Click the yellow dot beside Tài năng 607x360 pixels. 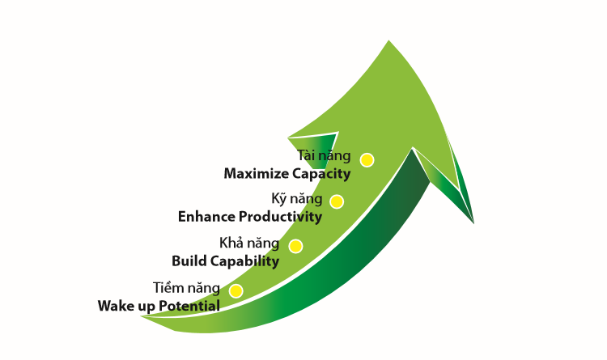(x=367, y=160)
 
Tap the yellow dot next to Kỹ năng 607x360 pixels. (x=337, y=201)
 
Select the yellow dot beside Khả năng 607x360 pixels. (x=295, y=246)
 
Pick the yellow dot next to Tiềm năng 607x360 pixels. (x=236, y=291)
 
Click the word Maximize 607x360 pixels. (x=257, y=173)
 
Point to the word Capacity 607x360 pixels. (x=321, y=174)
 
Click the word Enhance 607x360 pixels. (x=206, y=217)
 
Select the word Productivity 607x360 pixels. (x=280, y=217)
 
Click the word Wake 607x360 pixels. (x=114, y=306)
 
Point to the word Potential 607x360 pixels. (x=189, y=306)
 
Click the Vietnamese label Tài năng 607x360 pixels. (x=324, y=155)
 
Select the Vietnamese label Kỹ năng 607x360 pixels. (x=297, y=199)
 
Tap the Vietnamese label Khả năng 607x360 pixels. (x=249, y=243)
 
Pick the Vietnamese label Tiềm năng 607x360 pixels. (x=187, y=288)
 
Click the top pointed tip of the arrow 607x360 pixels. (x=388, y=40)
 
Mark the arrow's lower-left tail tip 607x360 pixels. (x=141, y=316)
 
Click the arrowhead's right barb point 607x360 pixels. (x=473, y=223)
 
